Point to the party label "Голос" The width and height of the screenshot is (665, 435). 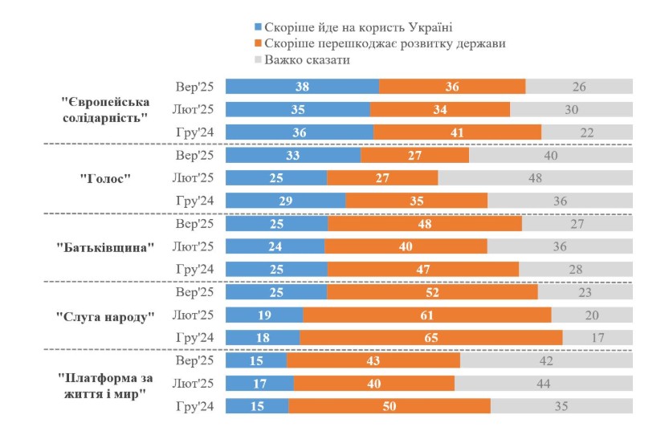[x=106, y=178]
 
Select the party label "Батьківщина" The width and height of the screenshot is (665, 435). [x=106, y=246]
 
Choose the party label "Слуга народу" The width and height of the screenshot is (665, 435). [x=106, y=315]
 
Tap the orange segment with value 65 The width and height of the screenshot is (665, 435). [x=431, y=338]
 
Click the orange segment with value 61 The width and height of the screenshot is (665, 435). [x=427, y=315]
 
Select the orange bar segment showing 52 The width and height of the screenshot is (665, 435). [x=443, y=292]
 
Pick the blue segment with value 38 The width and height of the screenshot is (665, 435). [x=302, y=87]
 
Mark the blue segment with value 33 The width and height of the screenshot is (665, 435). [x=292, y=155]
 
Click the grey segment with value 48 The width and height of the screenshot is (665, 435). [x=536, y=178]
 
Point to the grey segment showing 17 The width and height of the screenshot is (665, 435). [x=598, y=338]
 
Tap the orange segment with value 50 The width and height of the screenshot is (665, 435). [x=390, y=407]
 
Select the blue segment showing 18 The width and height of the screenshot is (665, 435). [x=262, y=338]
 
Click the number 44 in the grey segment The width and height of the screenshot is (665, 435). [x=544, y=384]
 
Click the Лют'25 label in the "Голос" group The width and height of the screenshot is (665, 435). [x=194, y=178]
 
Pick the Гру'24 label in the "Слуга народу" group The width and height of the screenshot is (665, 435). [x=194, y=338]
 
